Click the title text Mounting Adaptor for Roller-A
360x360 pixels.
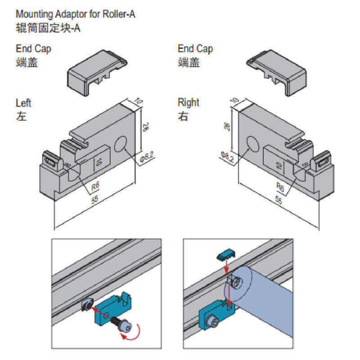76,14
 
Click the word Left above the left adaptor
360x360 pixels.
23,103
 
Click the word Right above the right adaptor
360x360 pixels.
188,103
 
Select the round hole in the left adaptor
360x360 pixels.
121,144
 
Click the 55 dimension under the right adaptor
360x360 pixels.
279,200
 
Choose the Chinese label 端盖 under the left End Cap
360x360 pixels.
27,63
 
